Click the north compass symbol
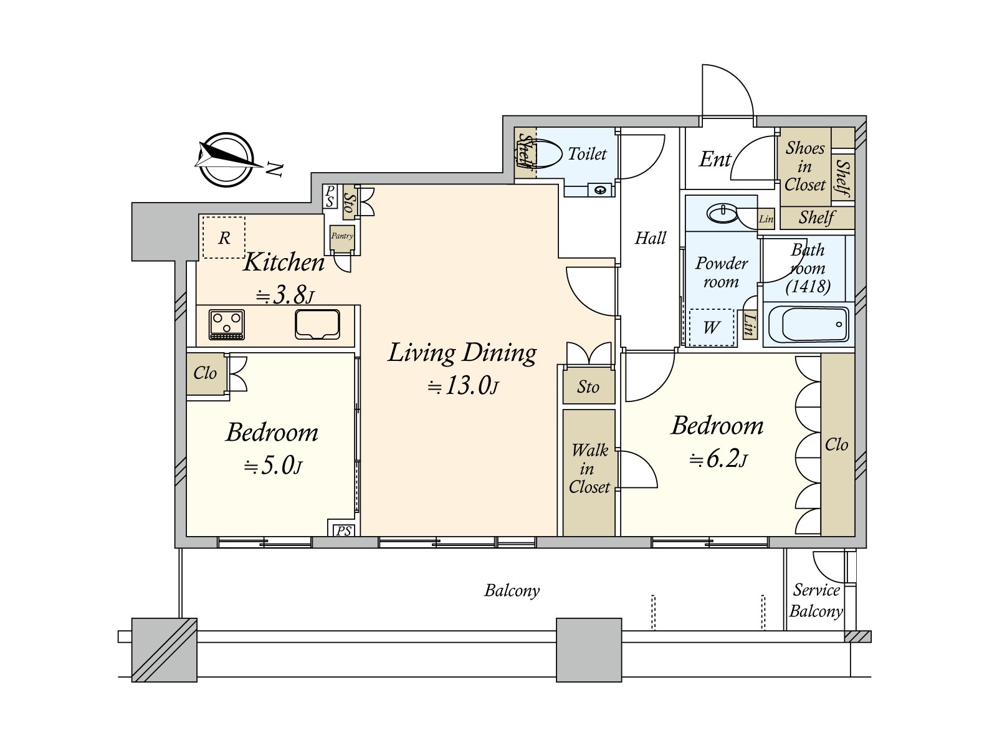227,160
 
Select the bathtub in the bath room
808,324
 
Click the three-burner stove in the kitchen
227,324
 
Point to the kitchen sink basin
318,324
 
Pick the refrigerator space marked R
224,237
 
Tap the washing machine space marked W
712,327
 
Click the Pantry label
342,236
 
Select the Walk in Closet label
589,468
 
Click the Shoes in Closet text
805,166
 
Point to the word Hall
651,237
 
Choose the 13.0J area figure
463,386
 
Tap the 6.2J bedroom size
718,459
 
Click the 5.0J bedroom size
273,466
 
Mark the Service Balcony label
816,600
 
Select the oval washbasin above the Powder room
722,213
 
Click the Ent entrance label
715,159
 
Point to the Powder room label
722,272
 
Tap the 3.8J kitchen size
285,296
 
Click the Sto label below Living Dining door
588,387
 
